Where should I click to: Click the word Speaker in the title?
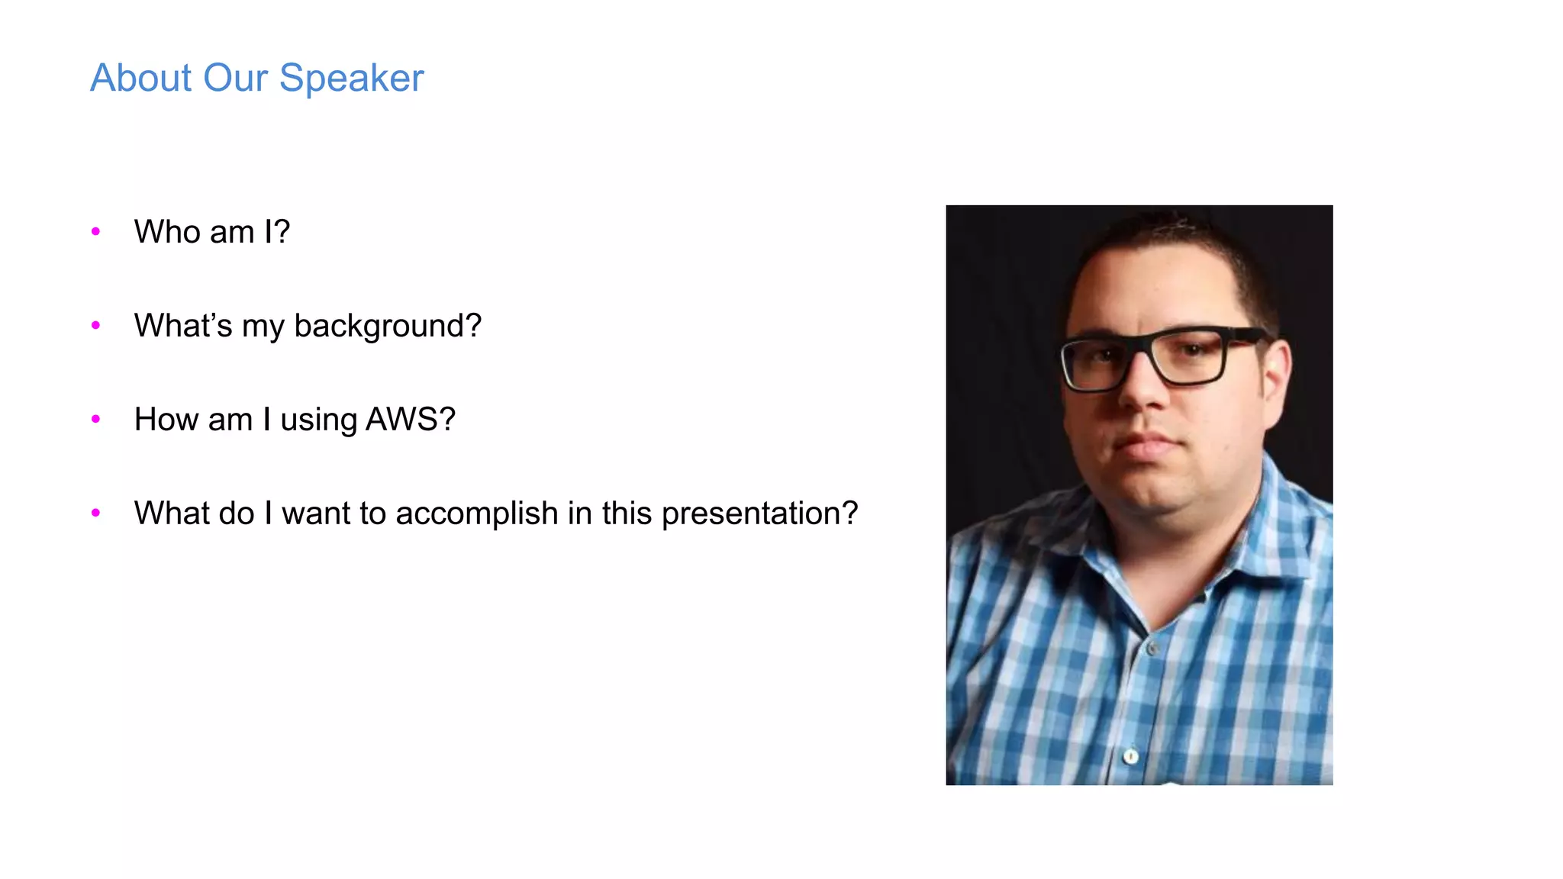[351, 78]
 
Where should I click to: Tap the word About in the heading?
[140, 78]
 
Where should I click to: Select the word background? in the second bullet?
[388, 326]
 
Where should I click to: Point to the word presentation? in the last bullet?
[759, 514]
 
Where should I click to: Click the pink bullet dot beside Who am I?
[95, 231]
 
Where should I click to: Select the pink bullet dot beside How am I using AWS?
[95, 419]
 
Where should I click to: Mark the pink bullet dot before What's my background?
[95, 325]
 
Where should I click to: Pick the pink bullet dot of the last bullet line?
[95, 513]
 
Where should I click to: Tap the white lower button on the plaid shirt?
[1131, 756]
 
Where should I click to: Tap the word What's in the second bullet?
[183, 326]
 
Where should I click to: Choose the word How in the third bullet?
[166, 419]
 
